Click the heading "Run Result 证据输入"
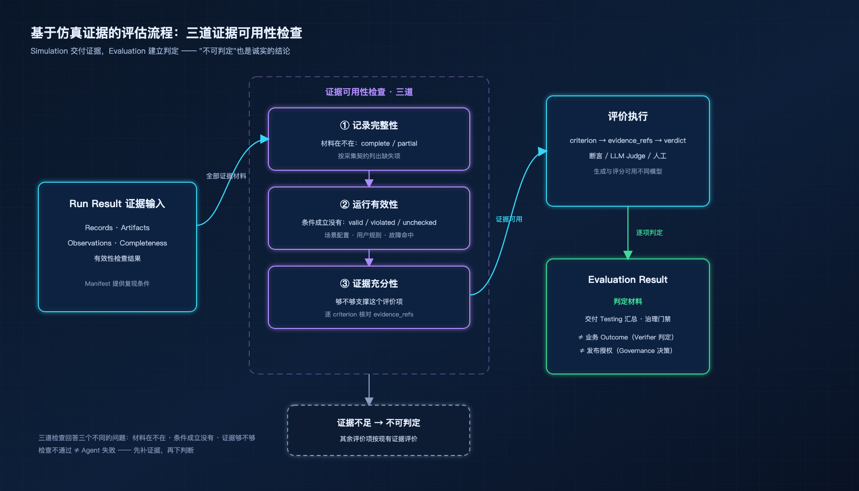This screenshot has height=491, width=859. point(117,204)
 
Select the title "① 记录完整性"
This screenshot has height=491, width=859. point(369,126)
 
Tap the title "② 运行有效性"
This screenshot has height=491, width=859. point(369,205)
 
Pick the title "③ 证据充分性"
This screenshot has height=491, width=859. point(369,284)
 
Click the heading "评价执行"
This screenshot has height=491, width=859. point(628,117)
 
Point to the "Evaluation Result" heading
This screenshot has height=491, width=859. point(628,280)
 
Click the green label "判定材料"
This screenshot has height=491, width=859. point(628,302)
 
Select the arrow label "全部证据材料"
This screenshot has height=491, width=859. point(226,176)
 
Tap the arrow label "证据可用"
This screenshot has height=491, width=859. point(509,219)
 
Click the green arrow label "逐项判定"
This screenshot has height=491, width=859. point(650,233)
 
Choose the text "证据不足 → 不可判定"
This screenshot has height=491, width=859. point(379,423)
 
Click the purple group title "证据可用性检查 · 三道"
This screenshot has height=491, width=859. point(369,92)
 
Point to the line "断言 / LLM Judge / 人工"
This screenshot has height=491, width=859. point(628,156)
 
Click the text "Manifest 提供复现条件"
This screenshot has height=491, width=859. point(117,284)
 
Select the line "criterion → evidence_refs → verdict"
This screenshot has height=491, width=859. point(628,140)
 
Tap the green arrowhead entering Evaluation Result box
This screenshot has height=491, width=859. point(628,255)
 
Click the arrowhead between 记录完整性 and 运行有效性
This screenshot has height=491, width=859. point(369,183)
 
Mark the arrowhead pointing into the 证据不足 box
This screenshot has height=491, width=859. point(369,401)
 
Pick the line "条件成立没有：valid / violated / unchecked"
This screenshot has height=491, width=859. point(369,222)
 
